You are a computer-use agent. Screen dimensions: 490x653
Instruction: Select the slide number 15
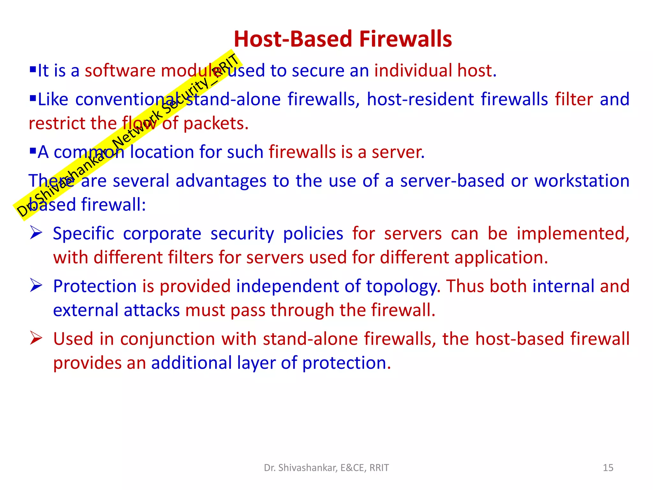coord(608,468)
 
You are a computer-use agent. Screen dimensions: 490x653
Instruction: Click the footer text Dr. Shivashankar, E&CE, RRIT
coord(326,468)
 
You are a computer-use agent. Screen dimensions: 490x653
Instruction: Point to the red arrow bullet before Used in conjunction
coord(36,338)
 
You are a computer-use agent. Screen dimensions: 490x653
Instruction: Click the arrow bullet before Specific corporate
coord(36,233)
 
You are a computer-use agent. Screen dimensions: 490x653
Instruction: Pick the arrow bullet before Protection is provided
coord(36,285)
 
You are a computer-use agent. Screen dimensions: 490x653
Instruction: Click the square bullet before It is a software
coord(33,69)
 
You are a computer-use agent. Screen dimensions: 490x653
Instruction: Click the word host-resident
coord(420,99)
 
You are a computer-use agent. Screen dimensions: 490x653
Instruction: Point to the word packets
coord(216,123)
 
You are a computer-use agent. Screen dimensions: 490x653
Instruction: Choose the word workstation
coord(582,181)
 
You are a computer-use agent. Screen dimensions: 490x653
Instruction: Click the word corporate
coord(162,234)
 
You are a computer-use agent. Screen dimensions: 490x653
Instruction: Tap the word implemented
coord(573,234)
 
